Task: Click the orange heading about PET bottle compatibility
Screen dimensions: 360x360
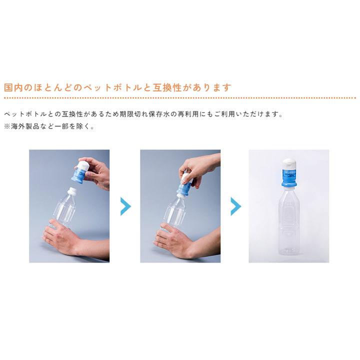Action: coord(118,87)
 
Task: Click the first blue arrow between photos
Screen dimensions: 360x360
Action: coord(125,206)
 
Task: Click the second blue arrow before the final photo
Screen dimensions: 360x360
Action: coord(235,206)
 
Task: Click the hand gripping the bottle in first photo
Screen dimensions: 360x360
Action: coord(60,237)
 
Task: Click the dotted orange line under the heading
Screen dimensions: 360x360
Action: coord(180,98)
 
